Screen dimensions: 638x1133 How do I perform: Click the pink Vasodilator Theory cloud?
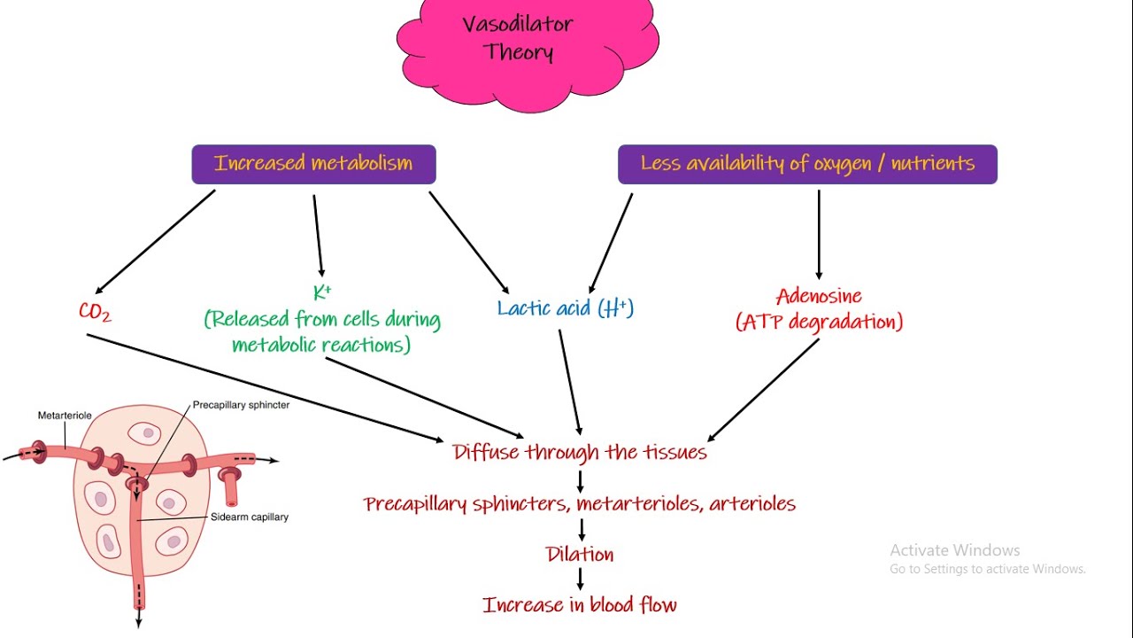click(528, 44)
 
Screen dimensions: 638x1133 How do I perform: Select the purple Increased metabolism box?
click(313, 164)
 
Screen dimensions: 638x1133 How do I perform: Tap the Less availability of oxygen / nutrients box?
click(807, 164)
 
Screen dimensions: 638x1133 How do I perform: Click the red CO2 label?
click(95, 312)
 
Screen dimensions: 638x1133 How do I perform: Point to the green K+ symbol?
click(321, 292)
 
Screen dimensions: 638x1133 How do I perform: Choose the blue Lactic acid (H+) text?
click(566, 308)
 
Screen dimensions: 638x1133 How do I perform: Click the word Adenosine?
click(819, 296)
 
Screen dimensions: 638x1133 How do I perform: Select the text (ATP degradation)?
click(819, 322)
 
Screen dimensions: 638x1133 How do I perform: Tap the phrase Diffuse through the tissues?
click(580, 452)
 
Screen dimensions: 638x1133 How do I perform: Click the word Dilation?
click(580, 555)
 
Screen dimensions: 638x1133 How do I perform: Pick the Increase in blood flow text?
click(580, 605)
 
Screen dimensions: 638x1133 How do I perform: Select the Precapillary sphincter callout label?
click(241, 405)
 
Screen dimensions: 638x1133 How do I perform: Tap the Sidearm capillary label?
click(250, 517)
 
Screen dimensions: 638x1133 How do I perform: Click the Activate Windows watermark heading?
click(954, 550)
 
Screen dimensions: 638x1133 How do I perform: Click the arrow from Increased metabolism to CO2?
click(155, 241)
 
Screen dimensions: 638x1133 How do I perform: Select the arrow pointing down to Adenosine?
click(818, 235)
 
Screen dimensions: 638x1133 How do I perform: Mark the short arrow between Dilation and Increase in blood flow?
click(581, 580)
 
